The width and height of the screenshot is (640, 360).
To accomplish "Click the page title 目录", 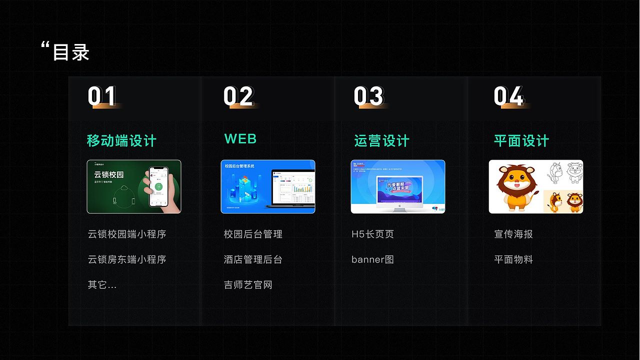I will (x=70, y=52).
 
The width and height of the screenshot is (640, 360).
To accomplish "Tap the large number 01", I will (x=102, y=96).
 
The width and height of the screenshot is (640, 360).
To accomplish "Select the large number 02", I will (x=238, y=96).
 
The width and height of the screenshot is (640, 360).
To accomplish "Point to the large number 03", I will (x=368, y=96).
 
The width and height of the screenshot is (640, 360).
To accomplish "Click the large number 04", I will (x=508, y=96).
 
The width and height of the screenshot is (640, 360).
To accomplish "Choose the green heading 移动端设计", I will (x=121, y=141).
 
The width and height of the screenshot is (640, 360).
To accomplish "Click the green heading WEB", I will (x=240, y=139).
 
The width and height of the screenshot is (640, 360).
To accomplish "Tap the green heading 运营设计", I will (x=381, y=141).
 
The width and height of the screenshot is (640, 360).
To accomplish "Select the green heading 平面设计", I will (x=521, y=141).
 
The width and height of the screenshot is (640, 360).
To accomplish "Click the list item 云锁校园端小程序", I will (x=127, y=234).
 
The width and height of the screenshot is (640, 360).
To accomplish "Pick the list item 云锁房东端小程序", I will (x=127, y=259).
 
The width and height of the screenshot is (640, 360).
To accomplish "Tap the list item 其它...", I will (x=102, y=285).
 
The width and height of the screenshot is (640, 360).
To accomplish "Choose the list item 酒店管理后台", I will (x=253, y=259).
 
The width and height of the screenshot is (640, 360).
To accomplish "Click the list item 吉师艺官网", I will (x=248, y=285).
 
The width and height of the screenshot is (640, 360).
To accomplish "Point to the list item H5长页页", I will (x=372, y=234).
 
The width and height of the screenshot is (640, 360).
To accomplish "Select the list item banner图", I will (x=372, y=259).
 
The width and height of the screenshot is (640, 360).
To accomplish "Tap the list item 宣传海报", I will (x=513, y=234).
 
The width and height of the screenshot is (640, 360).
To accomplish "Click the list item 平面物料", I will (x=513, y=259).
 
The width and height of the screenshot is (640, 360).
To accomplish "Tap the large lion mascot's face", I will (x=516, y=179).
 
